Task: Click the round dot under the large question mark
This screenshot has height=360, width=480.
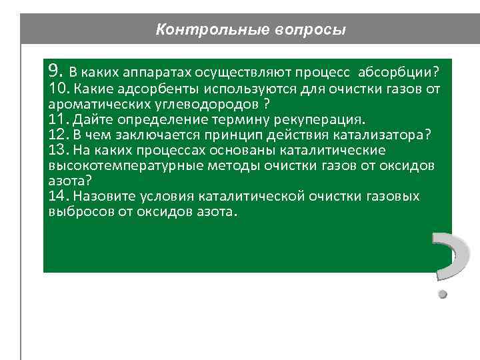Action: tap(441, 291)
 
